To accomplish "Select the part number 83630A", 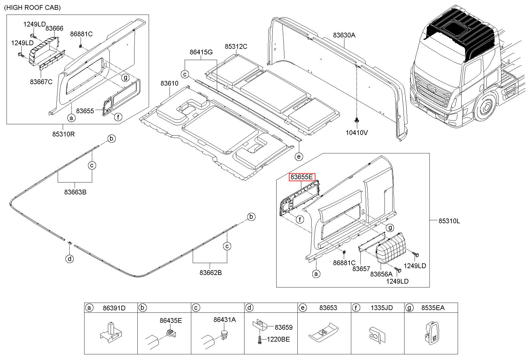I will pyautogui.click(x=344, y=35).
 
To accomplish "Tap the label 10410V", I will pyautogui.click(x=357, y=132).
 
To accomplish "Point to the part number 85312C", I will pyautogui.click(x=236, y=47).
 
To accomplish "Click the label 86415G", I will pyautogui.click(x=201, y=52).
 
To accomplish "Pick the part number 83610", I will pyautogui.click(x=170, y=83).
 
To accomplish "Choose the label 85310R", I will pyautogui.click(x=63, y=134).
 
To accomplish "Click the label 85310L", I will pyautogui.click(x=449, y=221).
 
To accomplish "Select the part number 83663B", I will pyautogui.click(x=75, y=192).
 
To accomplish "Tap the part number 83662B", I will pyautogui.click(x=211, y=273).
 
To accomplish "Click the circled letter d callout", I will pyautogui.click(x=69, y=259).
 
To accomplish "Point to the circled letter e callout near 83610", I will pyautogui.click(x=299, y=156).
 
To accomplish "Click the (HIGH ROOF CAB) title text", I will pyautogui.click(x=32, y=8).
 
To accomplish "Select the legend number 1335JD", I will pyautogui.click(x=382, y=308).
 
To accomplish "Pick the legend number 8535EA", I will pyautogui.click(x=433, y=308).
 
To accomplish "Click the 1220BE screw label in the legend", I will pyautogui.click(x=278, y=339).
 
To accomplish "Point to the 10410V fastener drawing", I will pyautogui.click(x=356, y=120).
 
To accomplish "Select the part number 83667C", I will pyautogui.click(x=41, y=81).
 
